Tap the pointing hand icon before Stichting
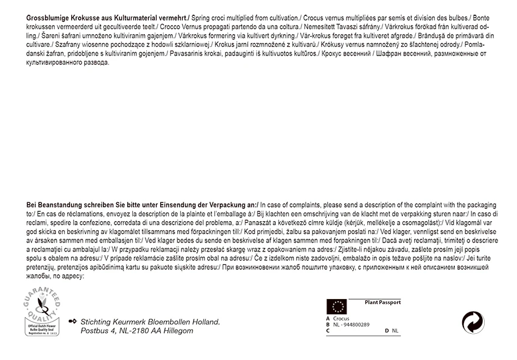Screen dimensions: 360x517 point(73,321)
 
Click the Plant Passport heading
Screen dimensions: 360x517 point(382,302)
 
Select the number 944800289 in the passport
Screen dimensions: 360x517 point(356,325)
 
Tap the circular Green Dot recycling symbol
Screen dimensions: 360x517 point(474,322)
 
